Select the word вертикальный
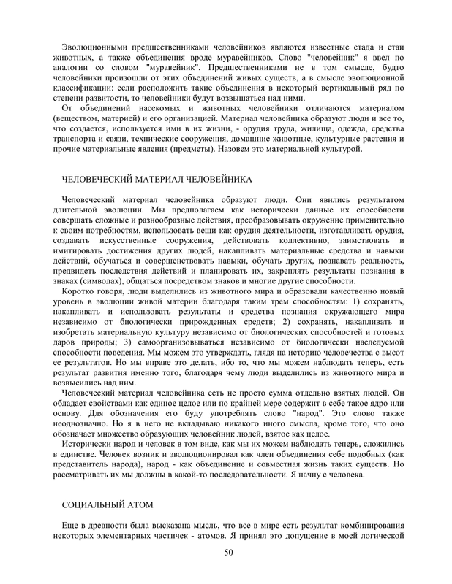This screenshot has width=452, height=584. [x=326, y=88]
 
